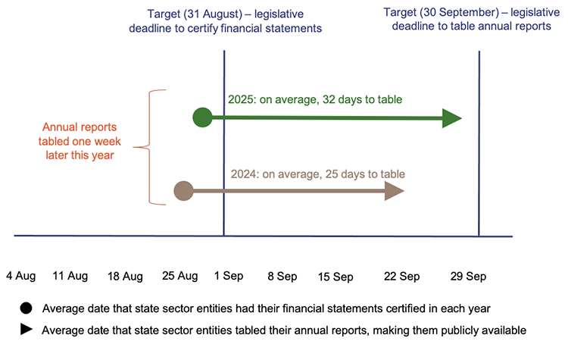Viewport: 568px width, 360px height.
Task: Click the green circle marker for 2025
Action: click(202, 117)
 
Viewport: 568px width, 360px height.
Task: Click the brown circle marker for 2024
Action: click(183, 191)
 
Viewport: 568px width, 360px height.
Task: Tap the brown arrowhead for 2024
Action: click(395, 191)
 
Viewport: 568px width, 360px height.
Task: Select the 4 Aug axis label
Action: click(21, 276)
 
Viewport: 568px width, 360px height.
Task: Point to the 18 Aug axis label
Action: click(126, 276)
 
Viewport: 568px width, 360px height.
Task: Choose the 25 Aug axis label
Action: click(180, 276)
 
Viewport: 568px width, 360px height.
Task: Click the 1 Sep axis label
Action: click(229, 276)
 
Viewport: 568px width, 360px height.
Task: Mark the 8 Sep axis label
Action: click(282, 276)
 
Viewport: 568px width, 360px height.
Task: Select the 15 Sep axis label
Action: click(335, 276)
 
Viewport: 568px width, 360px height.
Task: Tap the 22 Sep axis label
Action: click(402, 276)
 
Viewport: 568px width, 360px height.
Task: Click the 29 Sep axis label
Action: click(467, 276)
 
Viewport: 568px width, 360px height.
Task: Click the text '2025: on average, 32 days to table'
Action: click(315, 99)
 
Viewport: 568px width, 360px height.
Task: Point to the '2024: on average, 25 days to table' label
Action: click(318, 174)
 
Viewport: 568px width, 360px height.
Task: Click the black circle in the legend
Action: click(27, 308)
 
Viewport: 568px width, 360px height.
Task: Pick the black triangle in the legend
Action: click(27, 330)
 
